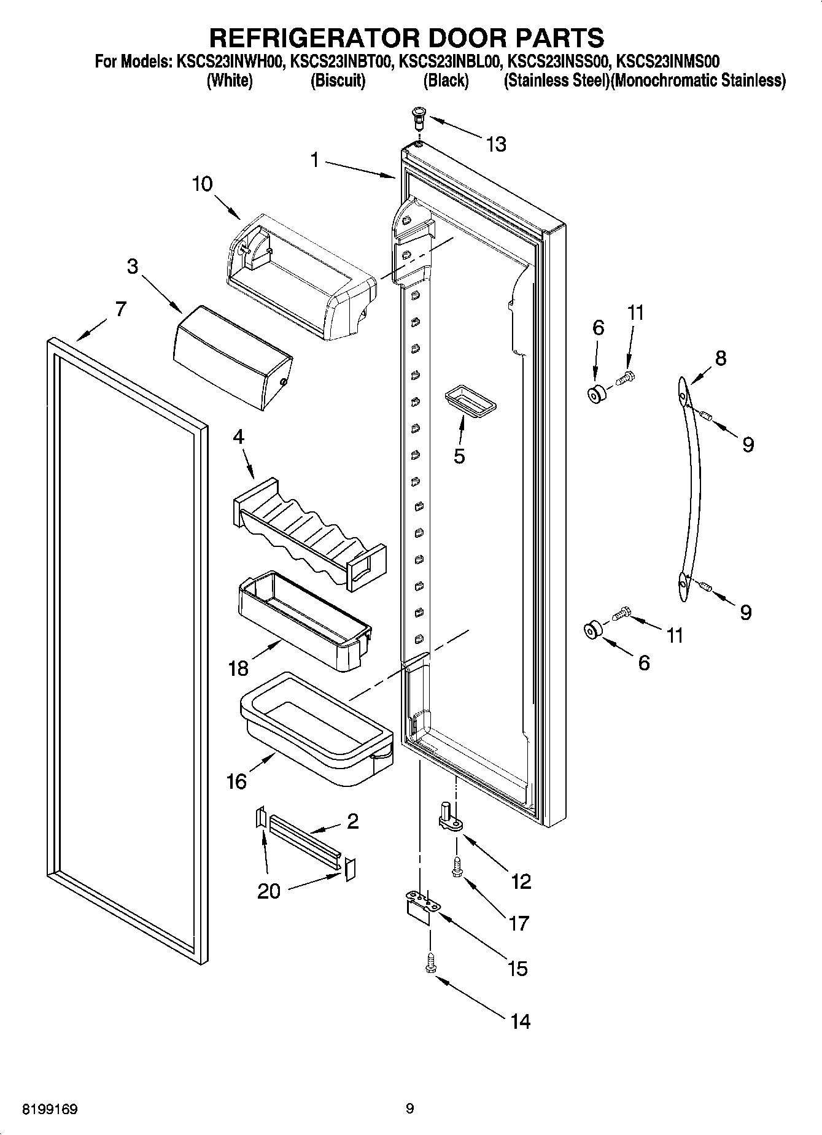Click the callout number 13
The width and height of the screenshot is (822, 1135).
pyautogui.click(x=495, y=145)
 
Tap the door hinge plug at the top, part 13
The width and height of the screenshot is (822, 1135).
pyautogui.click(x=419, y=116)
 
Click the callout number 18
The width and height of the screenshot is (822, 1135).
pyautogui.click(x=238, y=668)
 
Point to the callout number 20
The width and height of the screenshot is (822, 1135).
pyautogui.click(x=269, y=891)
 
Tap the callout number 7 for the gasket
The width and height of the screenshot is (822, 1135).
pyautogui.click(x=120, y=309)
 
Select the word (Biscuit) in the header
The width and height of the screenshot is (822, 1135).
pyautogui.click(x=338, y=80)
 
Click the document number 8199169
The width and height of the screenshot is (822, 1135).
pyautogui.click(x=50, y=1110)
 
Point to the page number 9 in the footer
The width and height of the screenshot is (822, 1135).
pyautogui.click(x=410, y=1109)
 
